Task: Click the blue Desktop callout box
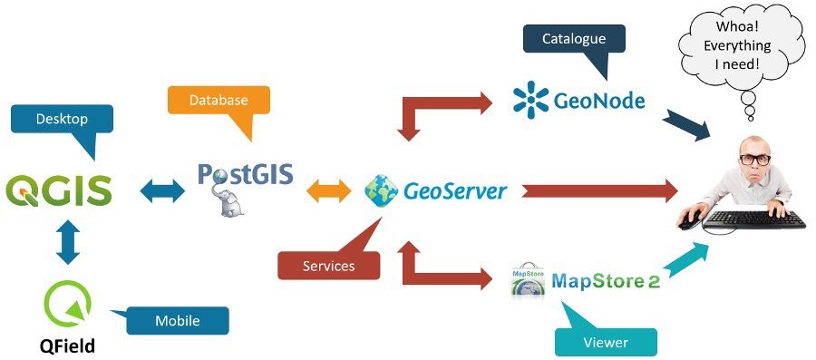[x=61, y=120]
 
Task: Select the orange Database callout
[x=219, y=101]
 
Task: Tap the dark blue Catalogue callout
[x=574, y=40]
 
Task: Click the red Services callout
[x=328, y=266]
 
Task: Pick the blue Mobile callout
[x=177, y=320]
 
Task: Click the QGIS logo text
[x=59, y=191]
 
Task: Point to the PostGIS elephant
[x=232, y=201]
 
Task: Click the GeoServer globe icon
[x=380, y=190]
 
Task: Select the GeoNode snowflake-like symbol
[x=531, y=100]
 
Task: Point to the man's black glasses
[x=755, y=160]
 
